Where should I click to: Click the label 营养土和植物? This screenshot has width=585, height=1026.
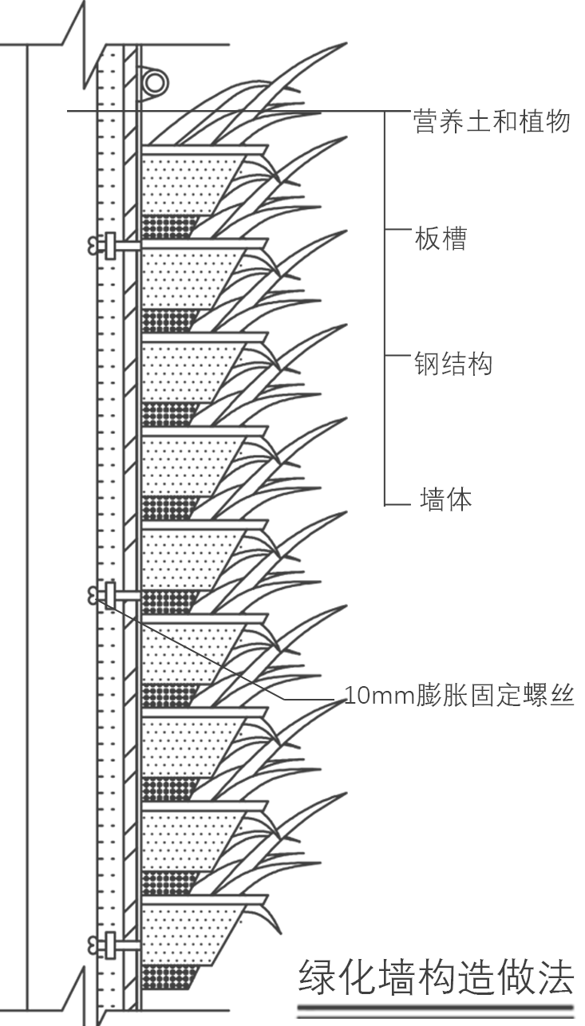coord(492,121)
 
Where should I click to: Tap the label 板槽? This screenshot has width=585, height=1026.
coord(441,239)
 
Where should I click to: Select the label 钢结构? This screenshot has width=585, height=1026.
coord(453,364)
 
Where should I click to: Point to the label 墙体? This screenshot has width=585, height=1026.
coord(445,499)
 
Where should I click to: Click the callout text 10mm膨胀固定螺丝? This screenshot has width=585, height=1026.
coord(459,696)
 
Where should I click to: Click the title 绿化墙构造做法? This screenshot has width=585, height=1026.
coord(436,977)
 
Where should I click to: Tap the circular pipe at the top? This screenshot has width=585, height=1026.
coord(155,81)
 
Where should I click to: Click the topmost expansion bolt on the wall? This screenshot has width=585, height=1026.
coord(104,245)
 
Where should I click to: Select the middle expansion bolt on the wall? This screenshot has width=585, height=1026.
coord(104,593)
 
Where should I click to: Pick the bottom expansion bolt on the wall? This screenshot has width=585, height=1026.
coord(104,945)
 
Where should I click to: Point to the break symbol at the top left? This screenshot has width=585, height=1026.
coord(77,40)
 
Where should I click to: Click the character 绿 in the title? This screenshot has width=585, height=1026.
coord(317,977)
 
